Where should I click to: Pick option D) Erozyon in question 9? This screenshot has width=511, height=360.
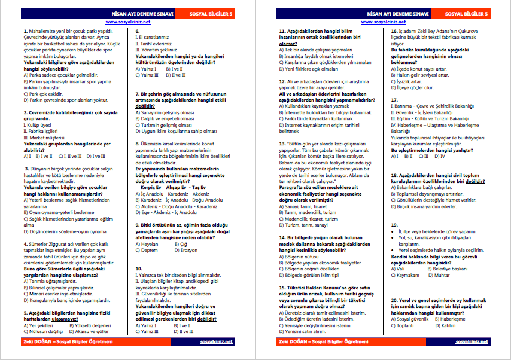pos(181,250)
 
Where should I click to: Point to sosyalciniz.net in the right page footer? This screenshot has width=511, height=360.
pos(472,342)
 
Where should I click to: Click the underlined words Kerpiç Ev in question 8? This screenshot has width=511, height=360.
pos(144,187)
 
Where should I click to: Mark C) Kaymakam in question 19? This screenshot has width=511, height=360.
pos(407,275)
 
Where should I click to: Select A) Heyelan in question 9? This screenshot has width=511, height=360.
pos(147,244)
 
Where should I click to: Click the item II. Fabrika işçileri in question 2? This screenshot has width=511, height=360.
pos(41,131)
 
